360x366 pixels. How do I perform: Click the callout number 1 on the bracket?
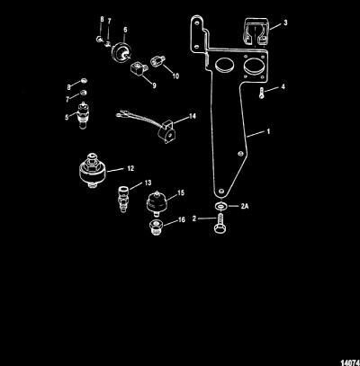coord(268,131)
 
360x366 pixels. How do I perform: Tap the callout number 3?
coord(285,22)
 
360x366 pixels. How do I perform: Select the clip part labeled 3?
coord(256,33)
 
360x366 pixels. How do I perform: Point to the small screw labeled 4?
coord(262,94)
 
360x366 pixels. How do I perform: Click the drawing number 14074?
coord(352,363)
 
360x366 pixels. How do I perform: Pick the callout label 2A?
coord(245,206)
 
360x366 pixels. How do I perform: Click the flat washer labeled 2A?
coord(220,206)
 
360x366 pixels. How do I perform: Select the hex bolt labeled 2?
coord(220,223)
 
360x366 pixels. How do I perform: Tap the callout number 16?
coord(182,219)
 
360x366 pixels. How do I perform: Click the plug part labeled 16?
coord(155,228)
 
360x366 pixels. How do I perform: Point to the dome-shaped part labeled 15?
coord(157,203)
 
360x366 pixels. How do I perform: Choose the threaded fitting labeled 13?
coord(122,199)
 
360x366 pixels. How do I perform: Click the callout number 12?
coord(130,168)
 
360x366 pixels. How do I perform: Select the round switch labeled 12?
coord(93,170)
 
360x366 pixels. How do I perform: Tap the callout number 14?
coord(192,116)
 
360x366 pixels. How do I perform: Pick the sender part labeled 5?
coord(82,115)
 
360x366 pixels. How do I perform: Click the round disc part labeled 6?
coord(121,52)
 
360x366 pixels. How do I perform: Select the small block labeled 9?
coord(137,68)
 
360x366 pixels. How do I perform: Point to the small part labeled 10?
coord(157,62)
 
